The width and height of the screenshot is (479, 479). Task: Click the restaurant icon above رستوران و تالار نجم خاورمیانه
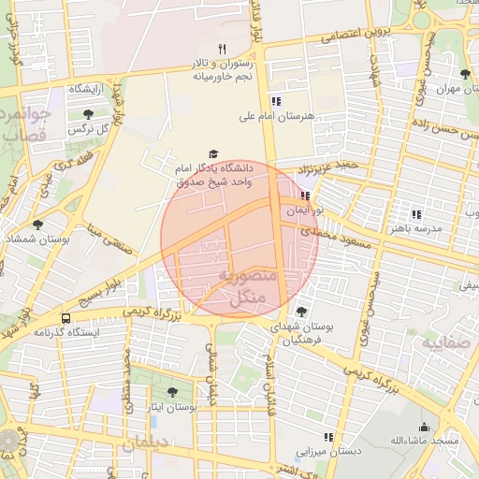coord(222,48)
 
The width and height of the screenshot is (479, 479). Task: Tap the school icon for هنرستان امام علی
coord(275,101)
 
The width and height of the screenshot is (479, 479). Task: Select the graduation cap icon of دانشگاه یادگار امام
coord(212,153)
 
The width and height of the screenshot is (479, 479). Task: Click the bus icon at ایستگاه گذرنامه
coord(65,318)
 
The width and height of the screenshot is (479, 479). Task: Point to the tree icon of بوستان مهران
coord(465,74)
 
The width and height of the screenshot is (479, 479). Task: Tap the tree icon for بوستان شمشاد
coord(37,225)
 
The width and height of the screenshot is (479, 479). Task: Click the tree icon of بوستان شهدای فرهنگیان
coord(300,312)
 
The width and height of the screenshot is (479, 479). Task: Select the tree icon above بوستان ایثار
coord(172,393)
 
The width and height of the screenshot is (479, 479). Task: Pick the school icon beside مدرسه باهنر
coord(416,213)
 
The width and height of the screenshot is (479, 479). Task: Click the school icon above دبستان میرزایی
coord(328,436)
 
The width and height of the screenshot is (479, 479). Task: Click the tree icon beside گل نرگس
coord(88,114)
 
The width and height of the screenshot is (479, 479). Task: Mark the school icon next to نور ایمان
coord(306,196)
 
